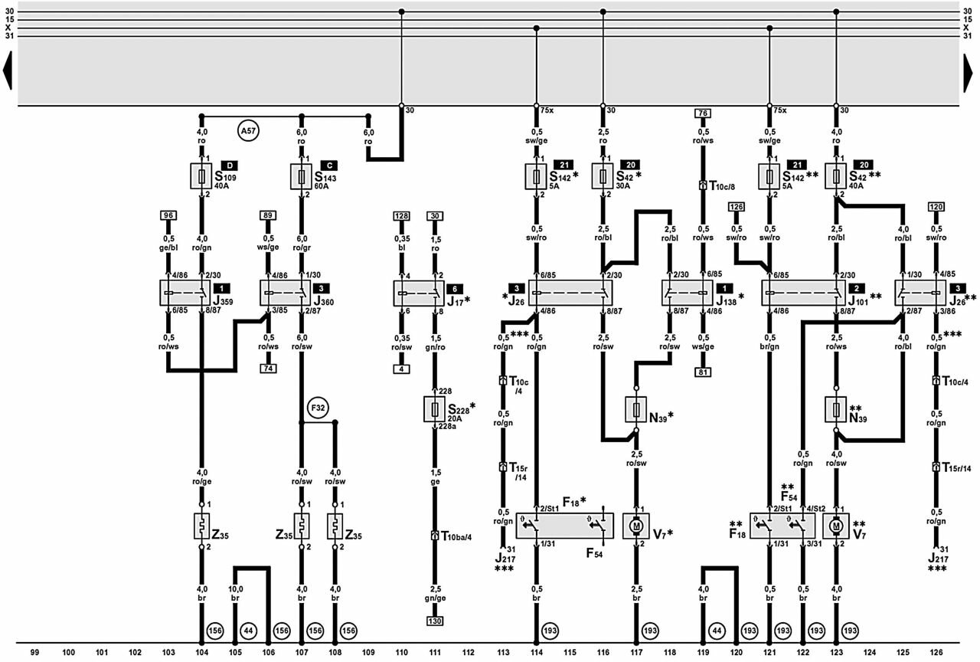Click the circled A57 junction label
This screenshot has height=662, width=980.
(x=247, y=132)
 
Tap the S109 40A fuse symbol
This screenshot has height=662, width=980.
(x=202, y=176)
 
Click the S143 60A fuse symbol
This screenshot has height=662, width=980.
(x=302, y=176)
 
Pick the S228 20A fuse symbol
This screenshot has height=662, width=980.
(x=435, y=409)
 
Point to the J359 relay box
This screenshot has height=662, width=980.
(x=185, y=293)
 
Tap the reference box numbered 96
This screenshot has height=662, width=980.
(x=168, y=215)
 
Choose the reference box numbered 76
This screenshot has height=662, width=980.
(x=702, y=113)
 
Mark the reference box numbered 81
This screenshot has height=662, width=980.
(x=702, y=372)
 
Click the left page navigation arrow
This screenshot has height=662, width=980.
(x=8, y=70)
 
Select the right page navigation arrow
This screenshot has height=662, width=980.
(x=972, y=70)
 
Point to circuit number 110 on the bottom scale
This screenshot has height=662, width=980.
(x=401, y=652)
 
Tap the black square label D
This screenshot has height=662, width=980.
(x=228, y=165)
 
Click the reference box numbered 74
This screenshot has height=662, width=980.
(x=268, y=368)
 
